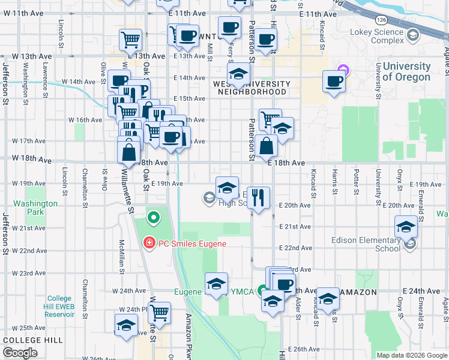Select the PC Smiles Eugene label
(191, 244)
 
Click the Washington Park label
(35, 208)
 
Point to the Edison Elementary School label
(366, 244)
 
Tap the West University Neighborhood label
(252, 88)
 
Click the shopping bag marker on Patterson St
(266, 145)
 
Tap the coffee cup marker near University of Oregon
(334, 80)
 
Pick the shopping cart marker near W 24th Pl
(159, 313)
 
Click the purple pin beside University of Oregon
(343, 70)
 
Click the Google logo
(20, 353)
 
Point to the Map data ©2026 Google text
(411, 355)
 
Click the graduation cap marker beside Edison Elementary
(406, 227)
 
